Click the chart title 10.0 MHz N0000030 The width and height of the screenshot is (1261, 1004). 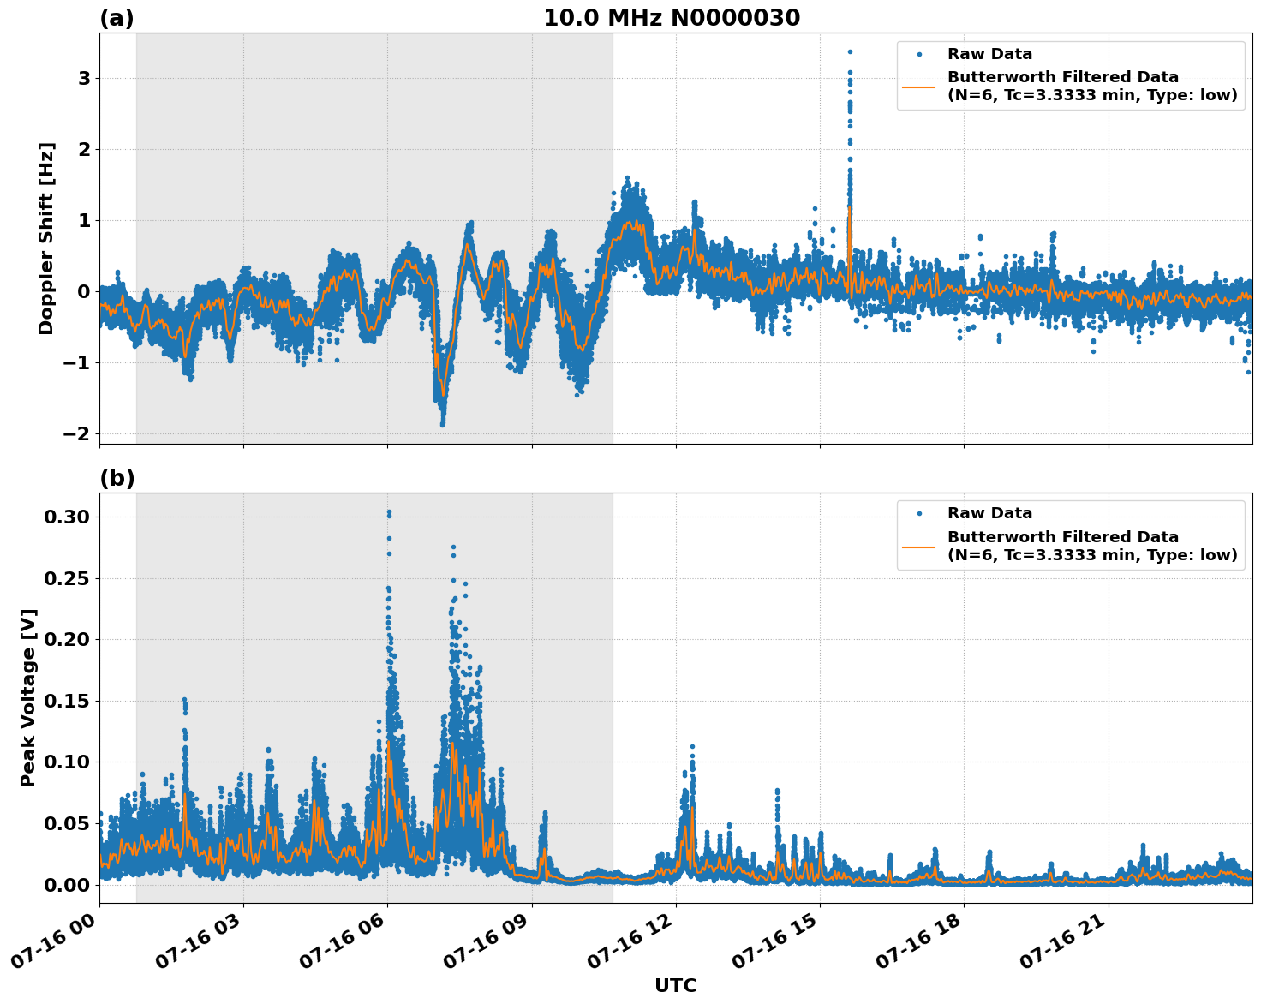[672, 18]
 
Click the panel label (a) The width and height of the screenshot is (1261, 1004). [117, 18]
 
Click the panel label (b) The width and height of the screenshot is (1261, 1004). [117, 478]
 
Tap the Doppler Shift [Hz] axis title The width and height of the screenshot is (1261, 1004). [46, 238]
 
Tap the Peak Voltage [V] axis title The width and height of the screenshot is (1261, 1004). [28, 697]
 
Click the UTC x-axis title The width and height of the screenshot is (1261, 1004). [675, 985]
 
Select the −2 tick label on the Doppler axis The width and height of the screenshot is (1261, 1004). [76, 433]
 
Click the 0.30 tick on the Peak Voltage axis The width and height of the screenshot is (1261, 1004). [66, 517]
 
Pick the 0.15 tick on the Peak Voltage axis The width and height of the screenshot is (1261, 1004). [66, 701]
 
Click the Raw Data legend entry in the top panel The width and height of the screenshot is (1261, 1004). [989, 54]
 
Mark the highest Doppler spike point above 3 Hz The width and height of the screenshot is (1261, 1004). [850, 52]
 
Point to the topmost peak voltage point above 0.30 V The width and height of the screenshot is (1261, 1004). [389, 512]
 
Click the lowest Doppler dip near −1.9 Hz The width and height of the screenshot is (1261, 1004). [442, 424]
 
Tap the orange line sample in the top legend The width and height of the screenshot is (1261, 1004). [919, 86]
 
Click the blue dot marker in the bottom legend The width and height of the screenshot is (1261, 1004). [919, 513]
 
